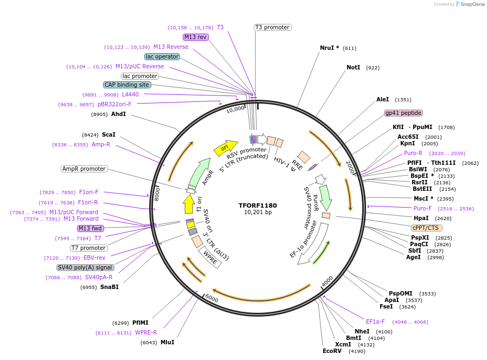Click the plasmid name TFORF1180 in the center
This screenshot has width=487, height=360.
[258, 205]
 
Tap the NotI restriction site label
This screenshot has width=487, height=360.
[353, 68]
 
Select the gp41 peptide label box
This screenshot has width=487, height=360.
[403, 113]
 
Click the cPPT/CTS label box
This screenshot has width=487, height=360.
[427, 228]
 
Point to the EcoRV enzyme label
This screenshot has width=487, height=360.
[332, 351]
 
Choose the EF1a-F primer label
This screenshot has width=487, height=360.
[375, 322]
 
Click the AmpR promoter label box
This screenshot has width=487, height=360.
[84, 169]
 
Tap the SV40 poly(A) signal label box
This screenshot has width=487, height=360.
[85, 267]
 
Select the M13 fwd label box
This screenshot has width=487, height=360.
[90, 228]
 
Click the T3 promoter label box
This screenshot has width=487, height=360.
[272, 27]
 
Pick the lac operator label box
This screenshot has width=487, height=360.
[162, 56]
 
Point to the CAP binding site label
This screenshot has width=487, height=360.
[127, 85]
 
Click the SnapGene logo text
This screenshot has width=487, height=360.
[471, 4]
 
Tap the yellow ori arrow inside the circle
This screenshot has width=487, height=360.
[225, 147]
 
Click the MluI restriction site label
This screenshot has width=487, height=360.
[167, 343]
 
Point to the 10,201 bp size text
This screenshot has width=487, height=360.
[258, 212]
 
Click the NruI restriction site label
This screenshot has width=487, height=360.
[329, 48]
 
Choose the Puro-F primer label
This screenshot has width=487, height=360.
[422, 208]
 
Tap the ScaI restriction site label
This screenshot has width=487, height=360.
[108, 134]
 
